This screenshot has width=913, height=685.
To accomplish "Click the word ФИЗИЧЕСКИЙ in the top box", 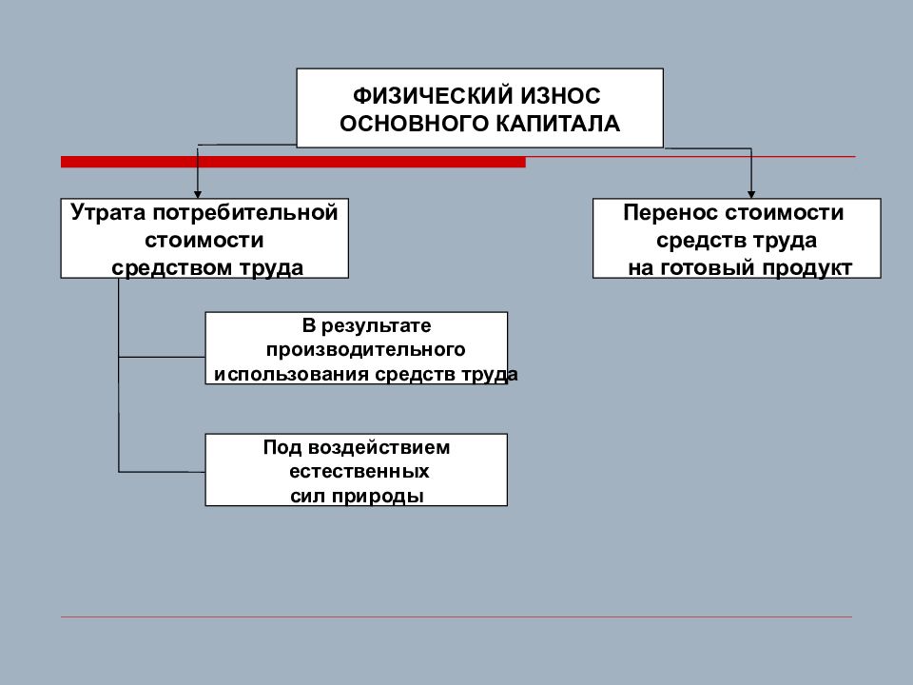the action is [432, 95].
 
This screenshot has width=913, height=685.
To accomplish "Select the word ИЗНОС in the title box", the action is [560, 95].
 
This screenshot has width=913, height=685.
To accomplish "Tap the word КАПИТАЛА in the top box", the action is [558, 124].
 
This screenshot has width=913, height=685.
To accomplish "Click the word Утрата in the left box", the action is [107, 213].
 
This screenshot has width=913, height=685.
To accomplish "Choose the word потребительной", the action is [245, 213].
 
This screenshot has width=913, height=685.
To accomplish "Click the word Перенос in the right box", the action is [670, 212].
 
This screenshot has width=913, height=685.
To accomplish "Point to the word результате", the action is [377, 326].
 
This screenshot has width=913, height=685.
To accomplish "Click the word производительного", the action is [365, 349].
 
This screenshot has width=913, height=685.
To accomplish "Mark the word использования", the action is [291, 374].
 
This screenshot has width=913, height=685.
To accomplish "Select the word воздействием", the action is [379, 447].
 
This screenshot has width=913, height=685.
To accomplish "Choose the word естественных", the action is [359, 471].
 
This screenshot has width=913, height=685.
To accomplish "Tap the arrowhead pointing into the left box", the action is [198, 194].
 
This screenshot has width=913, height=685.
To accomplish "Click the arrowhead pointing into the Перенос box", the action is [751, 194].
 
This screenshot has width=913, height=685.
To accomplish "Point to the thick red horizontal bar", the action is [294, 162].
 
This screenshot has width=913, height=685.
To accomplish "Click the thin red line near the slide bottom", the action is [456, 616].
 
